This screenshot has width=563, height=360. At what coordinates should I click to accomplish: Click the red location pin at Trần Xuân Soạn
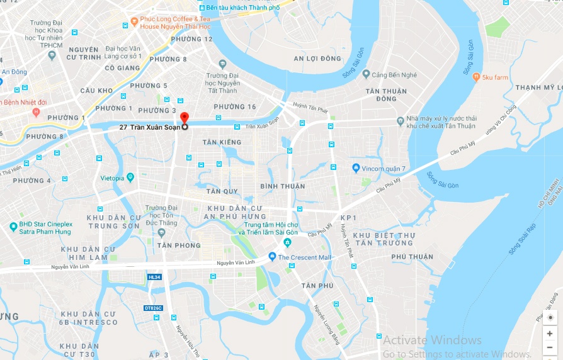184,118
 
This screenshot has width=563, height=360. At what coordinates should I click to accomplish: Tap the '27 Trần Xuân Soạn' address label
150,127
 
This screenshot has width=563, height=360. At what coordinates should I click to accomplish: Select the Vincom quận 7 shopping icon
356,168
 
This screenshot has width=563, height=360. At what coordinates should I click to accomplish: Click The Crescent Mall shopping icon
272,257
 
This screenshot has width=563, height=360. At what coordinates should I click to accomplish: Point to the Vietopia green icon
130,177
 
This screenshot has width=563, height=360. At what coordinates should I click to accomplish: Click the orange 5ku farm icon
476,77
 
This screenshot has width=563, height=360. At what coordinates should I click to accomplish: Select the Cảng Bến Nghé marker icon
366,74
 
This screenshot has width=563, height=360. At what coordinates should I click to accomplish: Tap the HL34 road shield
154,277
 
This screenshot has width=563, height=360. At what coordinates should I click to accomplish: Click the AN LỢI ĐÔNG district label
317,59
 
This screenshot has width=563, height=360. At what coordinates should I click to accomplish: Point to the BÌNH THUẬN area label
283,186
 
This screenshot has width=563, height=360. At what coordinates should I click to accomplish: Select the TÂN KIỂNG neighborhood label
222,142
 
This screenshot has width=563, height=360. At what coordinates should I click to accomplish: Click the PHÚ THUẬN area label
412,257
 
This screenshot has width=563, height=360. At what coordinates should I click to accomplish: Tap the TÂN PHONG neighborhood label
179,245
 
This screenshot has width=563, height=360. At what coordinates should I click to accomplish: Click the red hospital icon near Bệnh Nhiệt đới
36,113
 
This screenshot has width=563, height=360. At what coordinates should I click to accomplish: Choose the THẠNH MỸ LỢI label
538,87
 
